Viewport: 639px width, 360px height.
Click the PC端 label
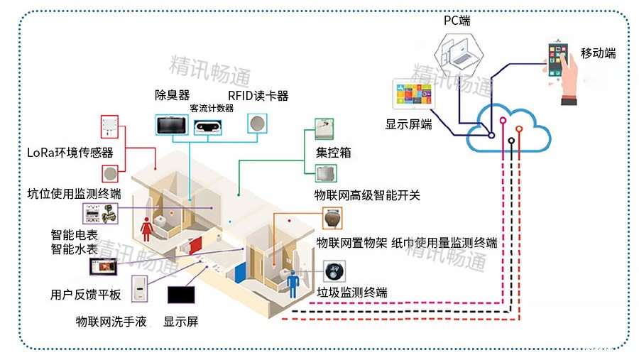(457, 21)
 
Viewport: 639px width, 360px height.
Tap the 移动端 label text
(598, 53)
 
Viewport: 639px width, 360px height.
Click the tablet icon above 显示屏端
(413, 97)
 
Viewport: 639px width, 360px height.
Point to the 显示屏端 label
(408, 124)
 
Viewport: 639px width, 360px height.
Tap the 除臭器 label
(173, 95)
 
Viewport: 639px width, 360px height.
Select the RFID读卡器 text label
(258, 96)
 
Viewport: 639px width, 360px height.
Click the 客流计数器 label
(212, 108)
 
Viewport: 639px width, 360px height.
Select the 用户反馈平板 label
(86, 295)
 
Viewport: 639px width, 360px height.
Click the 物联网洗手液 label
(111, 322)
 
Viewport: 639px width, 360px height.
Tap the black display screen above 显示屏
(180, 294)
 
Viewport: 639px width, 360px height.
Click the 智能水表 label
(74, 249)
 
